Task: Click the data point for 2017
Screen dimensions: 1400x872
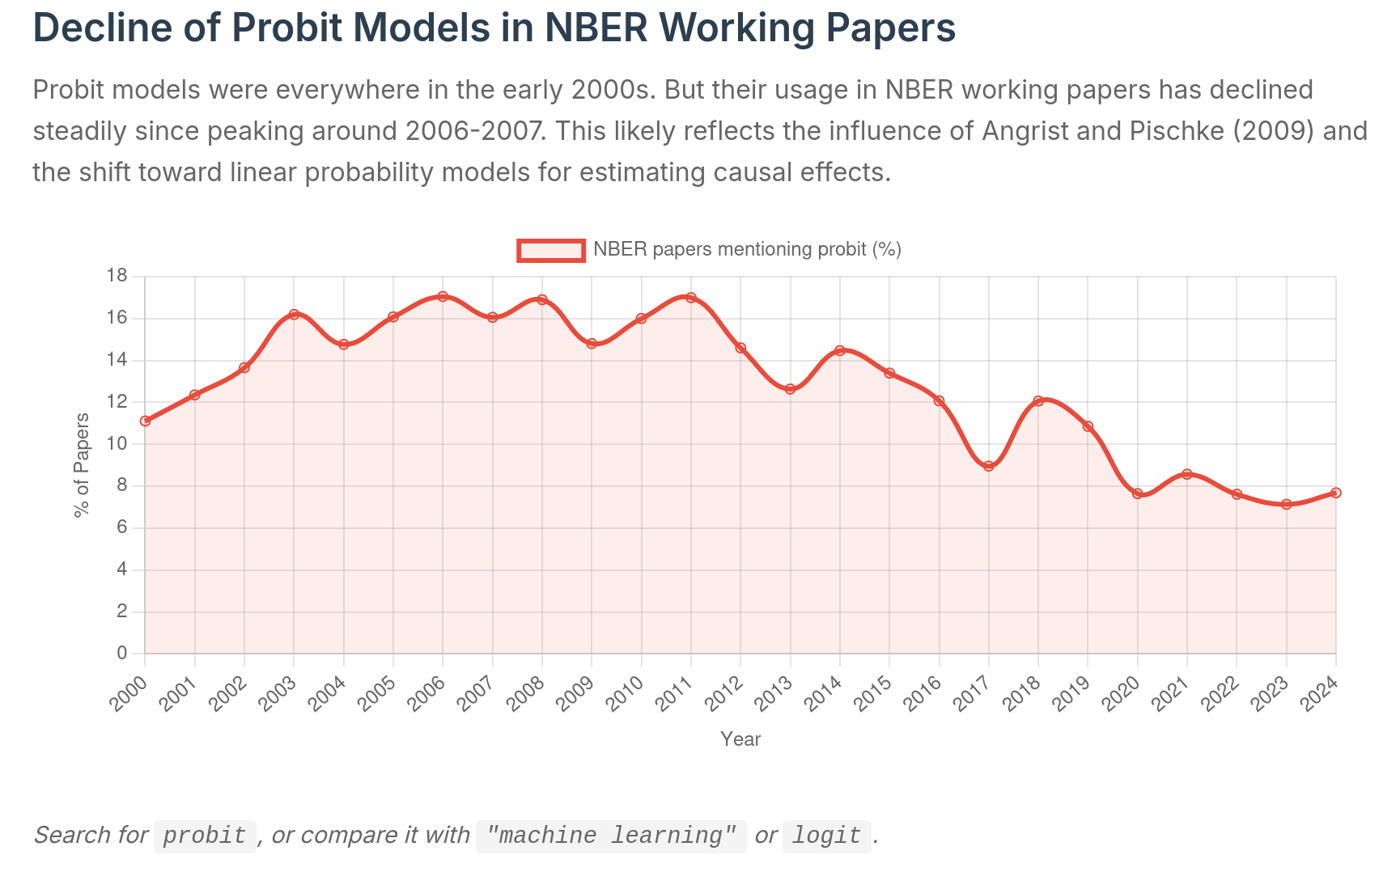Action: pyautogui.click(x=988, y=466)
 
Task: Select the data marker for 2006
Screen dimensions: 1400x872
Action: pyautogui.click(x=443, y=297)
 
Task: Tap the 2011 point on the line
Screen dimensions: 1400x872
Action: pyautogui.click(x=690, y=298)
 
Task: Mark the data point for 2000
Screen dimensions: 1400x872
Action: pyautogui.click(x=145, y=421)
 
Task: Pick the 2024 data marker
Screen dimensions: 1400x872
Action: pyautogui.click(x=1335, y=493)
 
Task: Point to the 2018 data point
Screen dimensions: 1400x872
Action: pyautogui.click(x=1038, y=401)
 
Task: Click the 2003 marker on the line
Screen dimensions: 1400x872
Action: pyautogui.click(x=294, y=314)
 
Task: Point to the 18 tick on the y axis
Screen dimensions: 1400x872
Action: pyautogui.click(x=117, y=276)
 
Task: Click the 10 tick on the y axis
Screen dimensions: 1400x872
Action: pyautogui.click(x=117, y=443)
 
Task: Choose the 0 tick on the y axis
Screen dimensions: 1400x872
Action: pyautogui.click(x=122, y=653)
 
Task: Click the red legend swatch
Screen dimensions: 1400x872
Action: pyautogui.click(x=551, y=251)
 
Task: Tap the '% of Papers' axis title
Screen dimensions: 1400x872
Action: pyautogui.click(x=82, y=464)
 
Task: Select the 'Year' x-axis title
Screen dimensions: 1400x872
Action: pyautogui.click(x=740, y=739)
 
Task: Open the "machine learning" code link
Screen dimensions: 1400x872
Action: pyautogui.click(x=611, y=836)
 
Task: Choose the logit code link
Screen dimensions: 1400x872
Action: pyautogui.click(x=826, y=836)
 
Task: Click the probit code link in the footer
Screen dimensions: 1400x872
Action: pyautogui.click(x=205, y=836)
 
